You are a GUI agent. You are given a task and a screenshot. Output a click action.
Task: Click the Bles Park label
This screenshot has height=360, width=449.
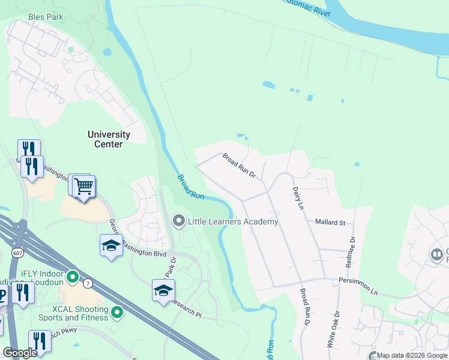(46, 17)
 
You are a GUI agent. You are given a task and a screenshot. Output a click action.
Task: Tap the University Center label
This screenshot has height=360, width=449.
(109, 139)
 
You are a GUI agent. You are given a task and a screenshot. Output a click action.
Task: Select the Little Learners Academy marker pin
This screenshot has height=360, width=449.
(178, 221)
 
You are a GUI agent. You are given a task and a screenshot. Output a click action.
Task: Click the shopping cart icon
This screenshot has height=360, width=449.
(84, 187)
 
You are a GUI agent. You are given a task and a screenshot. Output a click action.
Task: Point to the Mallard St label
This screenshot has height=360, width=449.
(330, 223)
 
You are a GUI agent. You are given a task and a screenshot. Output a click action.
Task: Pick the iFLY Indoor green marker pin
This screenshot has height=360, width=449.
(73, 277)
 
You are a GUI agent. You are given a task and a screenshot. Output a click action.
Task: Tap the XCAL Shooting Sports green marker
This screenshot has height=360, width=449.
(117, 312)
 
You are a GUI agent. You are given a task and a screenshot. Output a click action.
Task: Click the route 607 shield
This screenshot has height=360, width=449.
(16, 253)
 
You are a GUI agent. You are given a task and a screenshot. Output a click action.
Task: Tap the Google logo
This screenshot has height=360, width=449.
(20, 353)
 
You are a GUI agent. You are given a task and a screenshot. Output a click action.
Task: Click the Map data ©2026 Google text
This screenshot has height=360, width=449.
(412, 355)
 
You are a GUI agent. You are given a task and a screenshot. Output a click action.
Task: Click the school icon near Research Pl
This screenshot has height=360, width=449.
(163, 292)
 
